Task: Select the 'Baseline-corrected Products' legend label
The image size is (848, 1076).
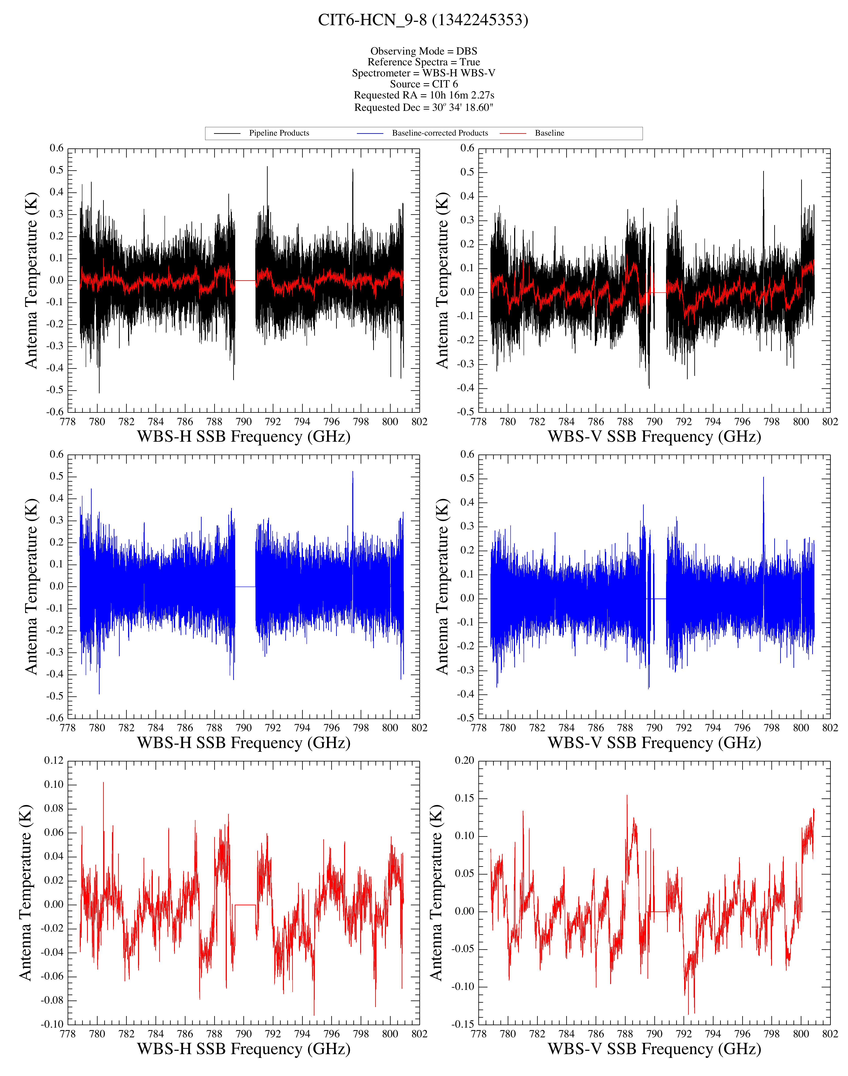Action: click(440, 133)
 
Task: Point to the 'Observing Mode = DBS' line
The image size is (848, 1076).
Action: click(424, 51)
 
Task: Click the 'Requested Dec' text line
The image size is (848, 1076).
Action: click(424, 107)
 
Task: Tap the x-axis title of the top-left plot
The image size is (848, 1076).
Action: click(244, 436)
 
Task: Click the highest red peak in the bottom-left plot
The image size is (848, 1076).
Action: click(103, 783)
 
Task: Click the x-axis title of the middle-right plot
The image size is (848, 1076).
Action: click(654, 743)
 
